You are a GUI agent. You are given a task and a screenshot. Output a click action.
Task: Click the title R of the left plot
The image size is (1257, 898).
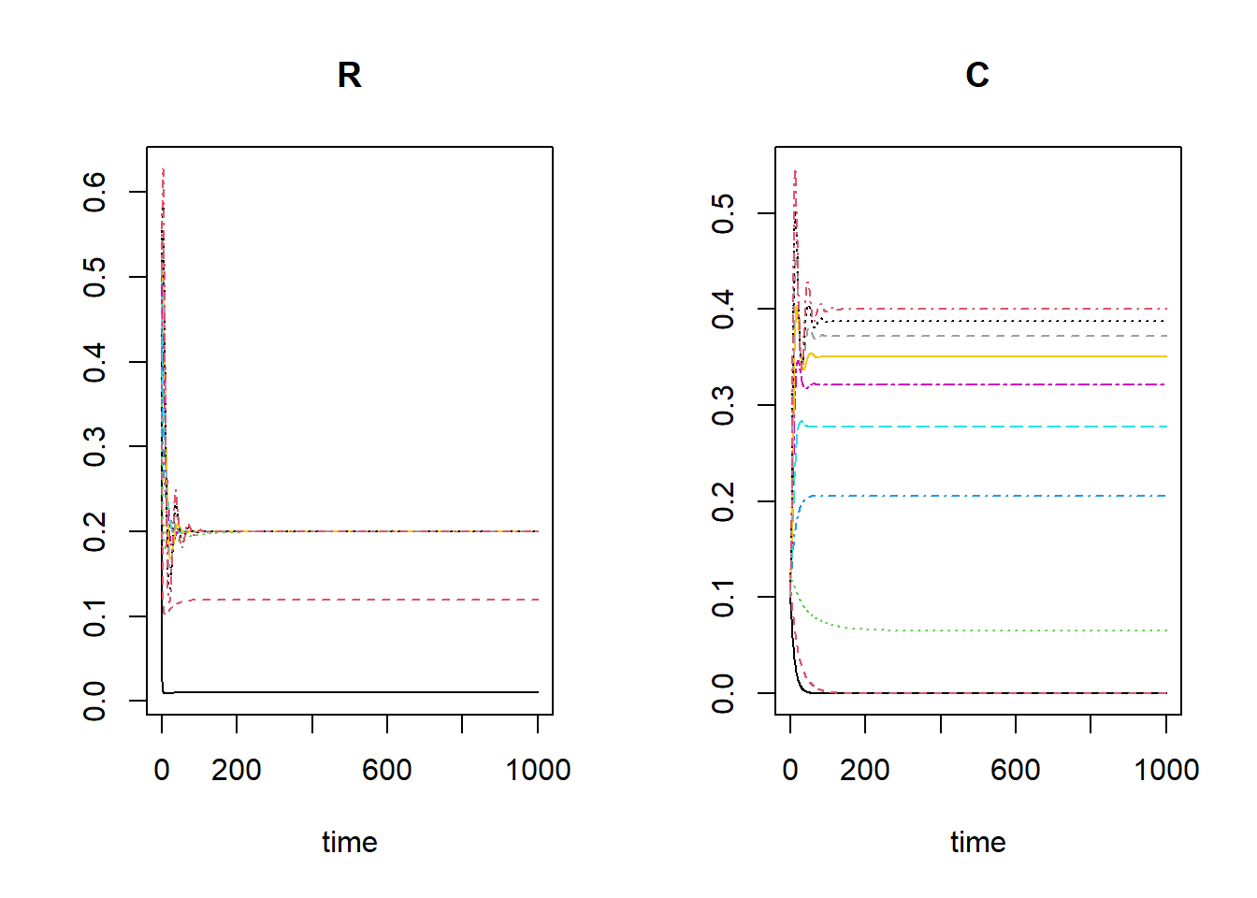click(349, 75)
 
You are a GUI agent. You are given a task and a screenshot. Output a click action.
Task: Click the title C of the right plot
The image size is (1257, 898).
click(977, 75)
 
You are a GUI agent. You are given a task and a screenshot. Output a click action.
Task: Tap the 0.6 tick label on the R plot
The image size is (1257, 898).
click(94, 192)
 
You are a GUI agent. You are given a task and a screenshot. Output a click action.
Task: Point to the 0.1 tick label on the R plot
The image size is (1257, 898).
click(94, 616)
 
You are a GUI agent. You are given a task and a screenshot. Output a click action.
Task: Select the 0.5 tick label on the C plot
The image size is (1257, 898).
click(723, 213)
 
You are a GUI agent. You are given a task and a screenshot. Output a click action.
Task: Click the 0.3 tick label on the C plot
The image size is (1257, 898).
click(723, 405)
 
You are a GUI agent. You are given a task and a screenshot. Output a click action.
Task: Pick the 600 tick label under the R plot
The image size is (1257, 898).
click(387, 770)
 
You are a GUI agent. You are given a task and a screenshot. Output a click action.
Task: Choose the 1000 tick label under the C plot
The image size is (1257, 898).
click(1165, 770)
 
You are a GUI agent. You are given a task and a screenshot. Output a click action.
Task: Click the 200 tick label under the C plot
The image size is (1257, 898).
click(865, 770)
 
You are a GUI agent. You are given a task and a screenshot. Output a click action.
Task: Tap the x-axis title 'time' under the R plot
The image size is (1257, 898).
click(349, 842)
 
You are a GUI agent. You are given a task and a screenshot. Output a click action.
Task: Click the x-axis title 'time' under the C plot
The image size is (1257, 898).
click(977, 842)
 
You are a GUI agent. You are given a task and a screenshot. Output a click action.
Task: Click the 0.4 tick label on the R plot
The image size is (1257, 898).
click(94, 362)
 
